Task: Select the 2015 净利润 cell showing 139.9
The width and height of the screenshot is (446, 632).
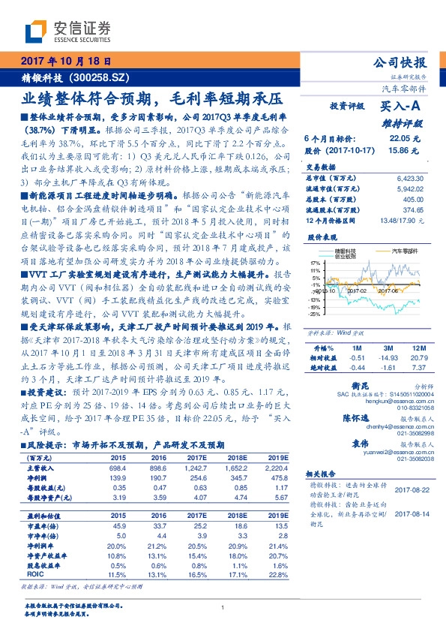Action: (118, 477)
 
